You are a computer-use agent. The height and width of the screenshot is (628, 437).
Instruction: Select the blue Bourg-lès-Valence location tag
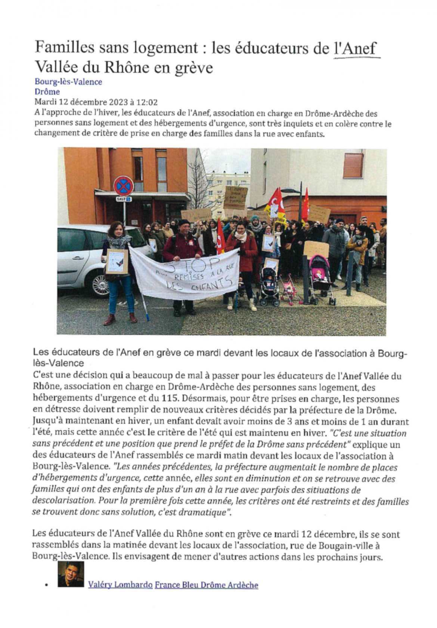pyautogui.click(x=68, y=82)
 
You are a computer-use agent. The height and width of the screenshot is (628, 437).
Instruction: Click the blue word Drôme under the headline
pyautogui.click(x=47, y=91)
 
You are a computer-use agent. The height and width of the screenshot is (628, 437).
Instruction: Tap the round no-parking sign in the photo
pyautogui.click(x=123, y=185)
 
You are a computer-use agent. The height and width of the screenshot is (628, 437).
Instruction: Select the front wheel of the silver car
pyautogui.click(x=99, y=283)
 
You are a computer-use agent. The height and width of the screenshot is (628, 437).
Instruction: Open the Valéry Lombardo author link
pyautogui.click(x=120, y=585)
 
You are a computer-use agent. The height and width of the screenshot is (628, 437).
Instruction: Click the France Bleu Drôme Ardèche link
pyautogui.click(x=206, y=585)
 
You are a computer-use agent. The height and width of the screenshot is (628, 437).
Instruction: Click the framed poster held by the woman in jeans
pyautogui.click(x=117, y=261)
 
